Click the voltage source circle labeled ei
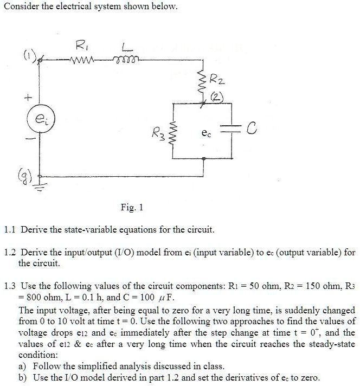tap(41, 119)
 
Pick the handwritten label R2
tap(217, 80)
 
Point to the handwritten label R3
tap(158, 134)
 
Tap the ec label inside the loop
tap(206, 133)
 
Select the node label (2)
tap(217, 98)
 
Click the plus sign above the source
tap(28, 98)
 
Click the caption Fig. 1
tap(132, 207)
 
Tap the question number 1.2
tap(10, 252)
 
